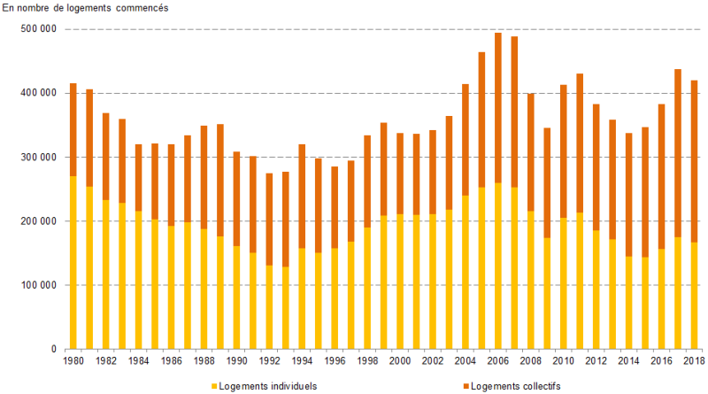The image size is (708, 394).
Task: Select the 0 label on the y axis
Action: (x=53, y=350)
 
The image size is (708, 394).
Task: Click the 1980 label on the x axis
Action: (x=73, y=362)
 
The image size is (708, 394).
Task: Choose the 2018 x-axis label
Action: (x=693, y=362)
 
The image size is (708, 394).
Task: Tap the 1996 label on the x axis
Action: (x=335, y=362)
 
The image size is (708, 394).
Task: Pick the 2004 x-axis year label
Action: (x=466, y=362)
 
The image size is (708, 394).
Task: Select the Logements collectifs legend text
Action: (x=515, y=386)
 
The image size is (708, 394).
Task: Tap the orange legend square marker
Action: (x=466, y=386)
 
